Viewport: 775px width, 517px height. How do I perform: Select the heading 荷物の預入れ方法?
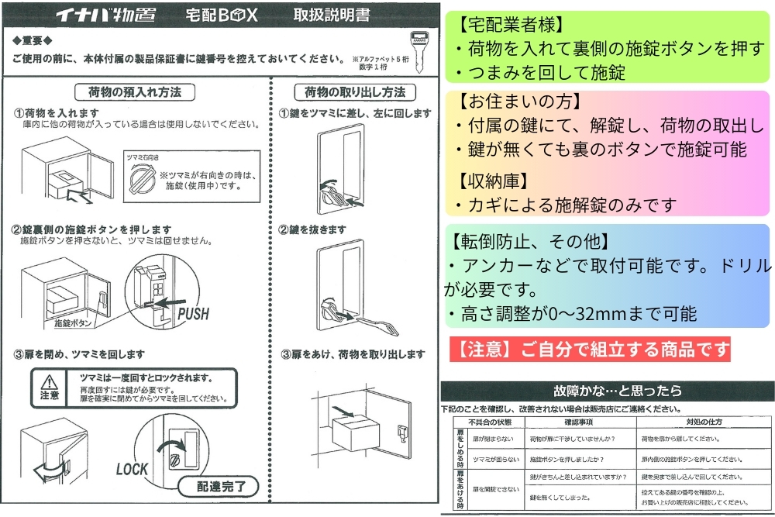[135, 91]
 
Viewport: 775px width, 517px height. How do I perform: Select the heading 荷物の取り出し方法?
[355, 91]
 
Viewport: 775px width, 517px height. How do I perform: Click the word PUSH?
[193, 314]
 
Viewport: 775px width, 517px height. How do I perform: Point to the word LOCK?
[132, 469]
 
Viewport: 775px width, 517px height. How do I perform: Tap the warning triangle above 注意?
[49, 381]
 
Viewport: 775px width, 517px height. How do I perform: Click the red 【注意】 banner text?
[589, 349]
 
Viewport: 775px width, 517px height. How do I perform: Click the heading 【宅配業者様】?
[511, 26]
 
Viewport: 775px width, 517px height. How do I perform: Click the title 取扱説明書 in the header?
[332, 15]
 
